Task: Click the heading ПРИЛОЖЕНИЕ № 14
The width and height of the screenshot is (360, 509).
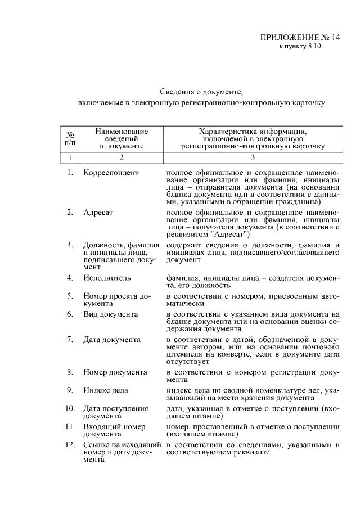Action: pos(300,38)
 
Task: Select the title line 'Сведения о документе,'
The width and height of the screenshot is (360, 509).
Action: pos(201,91)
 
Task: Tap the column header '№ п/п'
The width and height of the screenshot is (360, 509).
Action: pos(70,138)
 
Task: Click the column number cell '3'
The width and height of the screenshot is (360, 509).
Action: pos(253,157)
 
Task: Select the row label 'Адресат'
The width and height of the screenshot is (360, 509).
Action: pos(98,212)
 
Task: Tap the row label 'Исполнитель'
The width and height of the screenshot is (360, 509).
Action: pos(107,278)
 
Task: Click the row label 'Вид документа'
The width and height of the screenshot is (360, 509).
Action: pos(110,313)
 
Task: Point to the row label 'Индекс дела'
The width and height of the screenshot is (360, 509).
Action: pos(106,390)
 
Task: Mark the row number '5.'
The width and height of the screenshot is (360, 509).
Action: pos(70,295)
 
